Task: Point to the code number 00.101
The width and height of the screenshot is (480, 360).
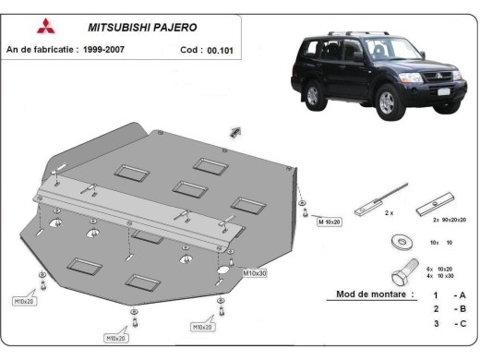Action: click(220, 50)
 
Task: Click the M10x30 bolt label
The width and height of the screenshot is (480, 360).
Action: click(254, 273)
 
